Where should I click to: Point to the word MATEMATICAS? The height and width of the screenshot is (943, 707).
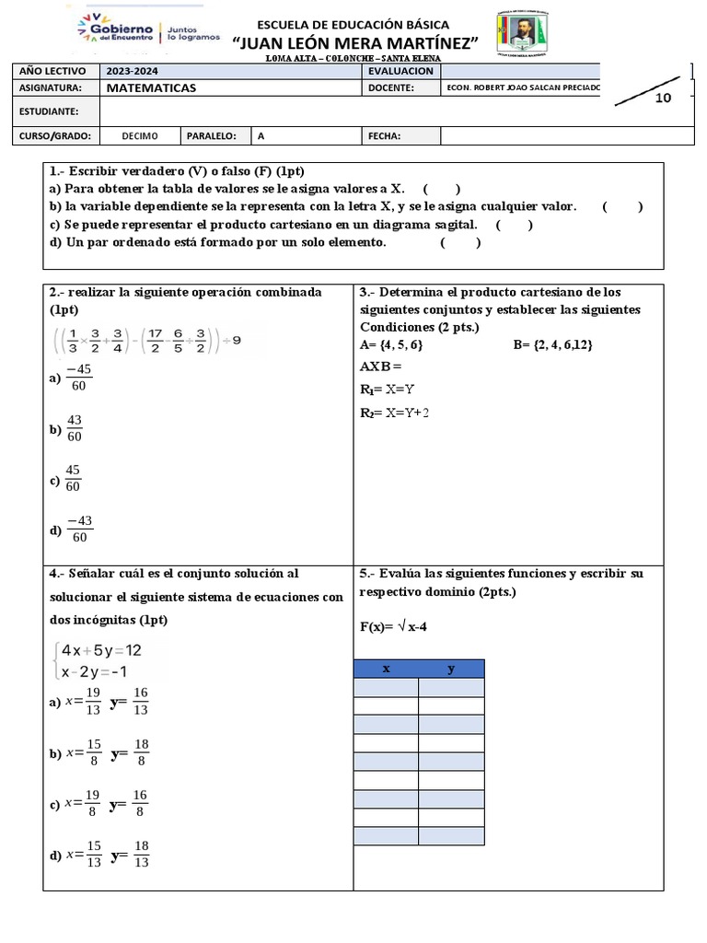click(151, 88)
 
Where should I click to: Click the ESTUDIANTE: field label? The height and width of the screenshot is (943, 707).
click(48, 111)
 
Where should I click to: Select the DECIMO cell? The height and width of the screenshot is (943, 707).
click(140, 136)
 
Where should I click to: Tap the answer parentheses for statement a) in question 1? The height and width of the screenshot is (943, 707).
click(442, 190)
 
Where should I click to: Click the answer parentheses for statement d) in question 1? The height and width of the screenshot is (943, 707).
click(460, 243)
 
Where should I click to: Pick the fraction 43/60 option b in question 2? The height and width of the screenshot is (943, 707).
click(75, 428)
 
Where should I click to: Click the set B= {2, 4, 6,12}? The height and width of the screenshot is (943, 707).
click(552, 345)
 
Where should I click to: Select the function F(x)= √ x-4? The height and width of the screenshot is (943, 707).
click(393, 627)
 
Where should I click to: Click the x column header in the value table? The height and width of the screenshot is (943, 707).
click(387, 669)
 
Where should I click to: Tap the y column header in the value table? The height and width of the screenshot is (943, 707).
click(451, 669)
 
